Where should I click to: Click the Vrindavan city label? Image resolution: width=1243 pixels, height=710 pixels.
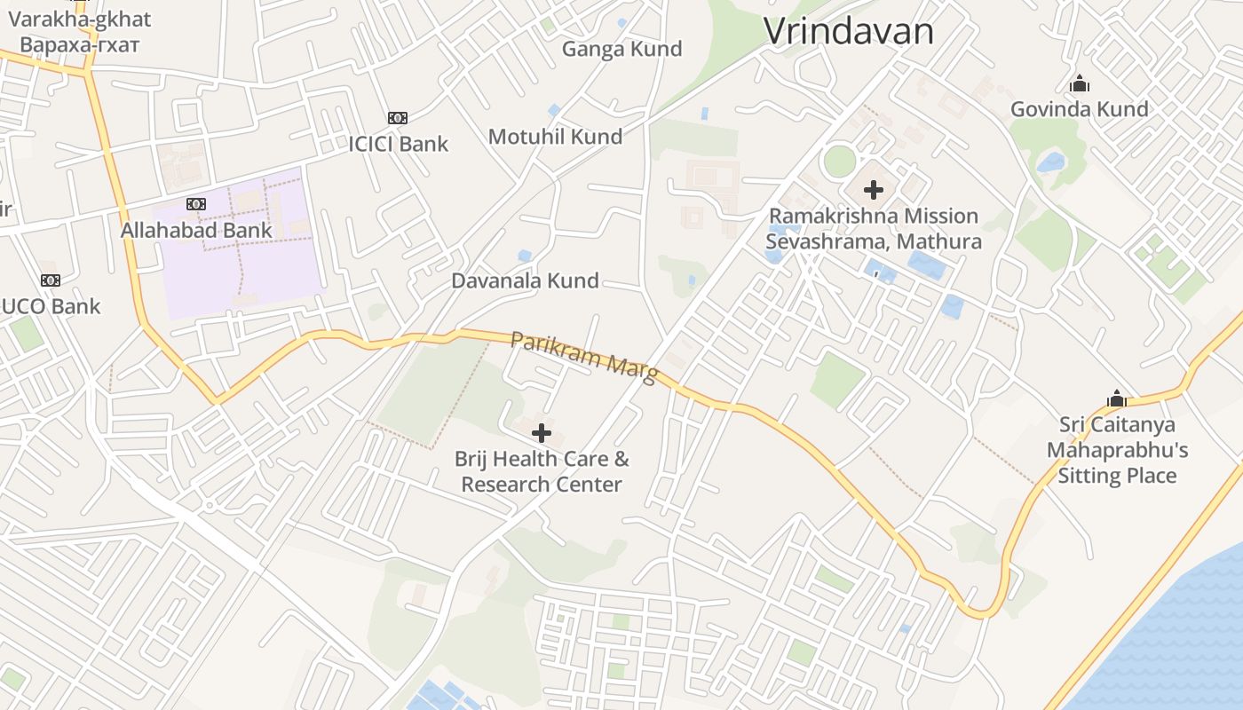tap(849, 31)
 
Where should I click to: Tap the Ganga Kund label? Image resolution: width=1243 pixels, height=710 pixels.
tap(621, 49)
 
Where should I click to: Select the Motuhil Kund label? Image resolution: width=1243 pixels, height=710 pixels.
tap(555, 137)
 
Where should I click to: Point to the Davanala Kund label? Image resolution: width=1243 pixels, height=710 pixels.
tap(525, 281)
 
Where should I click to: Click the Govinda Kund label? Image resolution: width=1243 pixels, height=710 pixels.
tap(1079, 109)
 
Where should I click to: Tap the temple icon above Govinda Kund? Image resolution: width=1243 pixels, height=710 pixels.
tap(1080, 84)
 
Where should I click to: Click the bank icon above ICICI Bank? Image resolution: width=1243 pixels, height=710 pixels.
tap(397, 118)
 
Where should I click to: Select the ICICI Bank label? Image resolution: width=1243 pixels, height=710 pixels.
tap(399, 144)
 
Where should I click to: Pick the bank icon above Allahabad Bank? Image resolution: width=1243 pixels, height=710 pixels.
tap(196, 204)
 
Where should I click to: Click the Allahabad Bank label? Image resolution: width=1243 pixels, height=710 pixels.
tap(196, 230)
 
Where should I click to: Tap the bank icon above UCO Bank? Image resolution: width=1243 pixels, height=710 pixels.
tap(51, 280)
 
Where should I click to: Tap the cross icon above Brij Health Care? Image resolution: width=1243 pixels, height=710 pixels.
tap(542, 433)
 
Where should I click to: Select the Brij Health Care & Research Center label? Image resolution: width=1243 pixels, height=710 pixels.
tap(542, 471)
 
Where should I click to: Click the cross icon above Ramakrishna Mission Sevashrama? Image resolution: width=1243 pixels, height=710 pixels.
tap(874, 189)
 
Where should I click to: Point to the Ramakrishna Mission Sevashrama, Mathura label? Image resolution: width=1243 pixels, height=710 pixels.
tap(874, 228)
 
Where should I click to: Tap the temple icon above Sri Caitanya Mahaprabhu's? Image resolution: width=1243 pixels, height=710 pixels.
tap(1117, 398)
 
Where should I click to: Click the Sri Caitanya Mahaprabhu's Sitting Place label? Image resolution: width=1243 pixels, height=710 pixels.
tap(1117, 450)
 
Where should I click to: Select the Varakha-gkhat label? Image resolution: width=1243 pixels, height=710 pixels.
tap(79, 31)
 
